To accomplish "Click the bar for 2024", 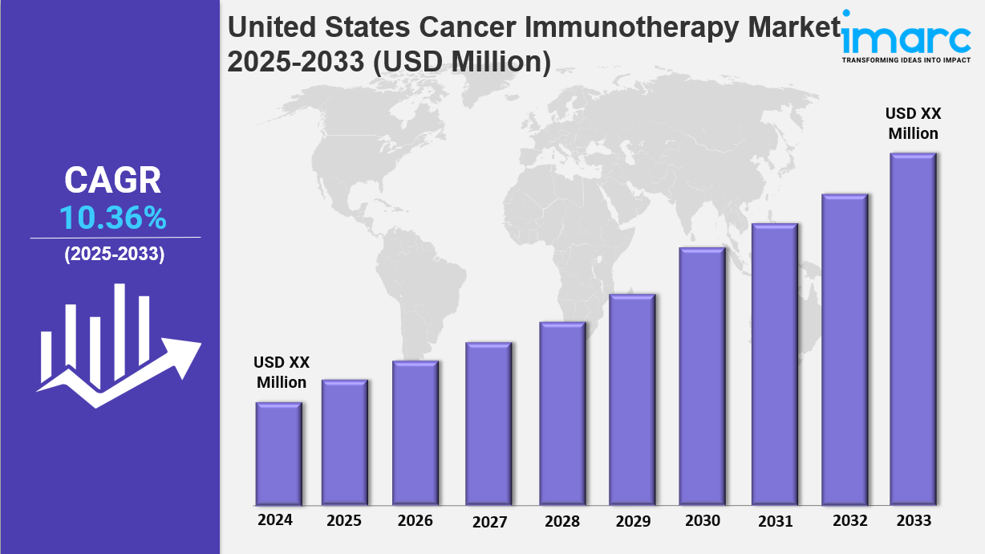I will point(279,453).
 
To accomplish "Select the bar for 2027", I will point(488,423).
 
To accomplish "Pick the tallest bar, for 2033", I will point(913,328).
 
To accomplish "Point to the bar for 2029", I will point(632,399).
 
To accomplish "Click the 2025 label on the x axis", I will point(344,521).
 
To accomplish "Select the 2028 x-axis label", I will point(561,522).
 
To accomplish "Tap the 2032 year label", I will point(850,521).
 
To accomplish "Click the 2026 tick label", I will point(415,521).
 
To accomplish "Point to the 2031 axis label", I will point(775,522).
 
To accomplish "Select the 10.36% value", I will point(113,218).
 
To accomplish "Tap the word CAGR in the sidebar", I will point(113,181).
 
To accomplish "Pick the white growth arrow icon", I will point(117,345).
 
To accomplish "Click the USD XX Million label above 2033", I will point(913,124).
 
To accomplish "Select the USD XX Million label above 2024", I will point(282,373).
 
